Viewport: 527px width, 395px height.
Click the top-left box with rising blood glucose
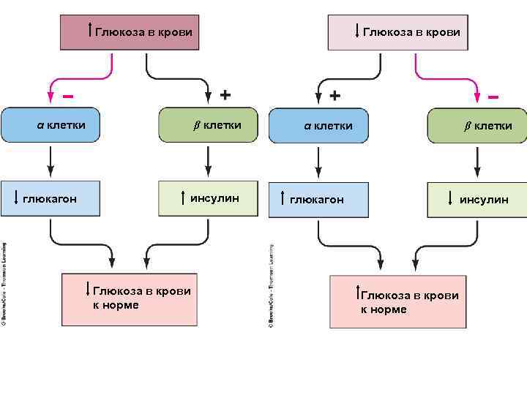[130, 33]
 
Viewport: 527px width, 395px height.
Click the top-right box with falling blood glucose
[397, 33]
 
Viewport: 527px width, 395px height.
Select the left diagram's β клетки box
[209, 125]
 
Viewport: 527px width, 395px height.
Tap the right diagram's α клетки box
[318, 127]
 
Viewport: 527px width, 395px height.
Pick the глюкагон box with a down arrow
[50, 197]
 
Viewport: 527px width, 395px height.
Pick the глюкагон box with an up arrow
[318, 199]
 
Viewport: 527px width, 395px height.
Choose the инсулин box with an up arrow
[209, 197]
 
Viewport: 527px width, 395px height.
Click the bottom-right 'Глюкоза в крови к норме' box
[397, 301]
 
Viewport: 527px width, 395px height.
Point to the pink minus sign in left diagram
[68, 95]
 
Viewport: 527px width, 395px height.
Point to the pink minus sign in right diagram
[493, 96]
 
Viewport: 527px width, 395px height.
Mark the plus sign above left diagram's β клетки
[225, 94]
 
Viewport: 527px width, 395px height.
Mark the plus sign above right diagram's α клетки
[334, 96]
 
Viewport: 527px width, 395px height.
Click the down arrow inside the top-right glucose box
[356, 31]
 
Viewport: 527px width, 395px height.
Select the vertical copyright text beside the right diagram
[271, 285]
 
